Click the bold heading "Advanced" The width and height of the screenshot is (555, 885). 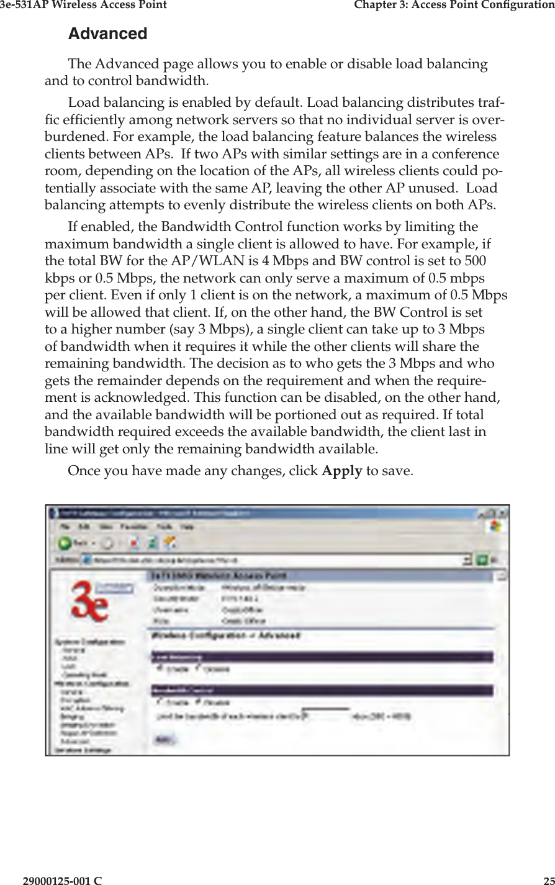pyautogui.click(x=107, y=34)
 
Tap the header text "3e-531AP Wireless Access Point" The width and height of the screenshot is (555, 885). pyautogui.click(x=83, y=5)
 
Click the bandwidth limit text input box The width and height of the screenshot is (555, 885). pyautogui.click(x=329, y=715)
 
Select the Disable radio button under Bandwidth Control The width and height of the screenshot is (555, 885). pyautogui.click(x=198, y=702)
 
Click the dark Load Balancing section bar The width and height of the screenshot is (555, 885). pyautogui.click(x=322, y=656)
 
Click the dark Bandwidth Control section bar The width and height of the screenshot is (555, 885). pyautogui.click(x=322, y=690)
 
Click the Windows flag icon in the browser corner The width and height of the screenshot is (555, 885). pyautogui.click(x=495, y=525)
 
